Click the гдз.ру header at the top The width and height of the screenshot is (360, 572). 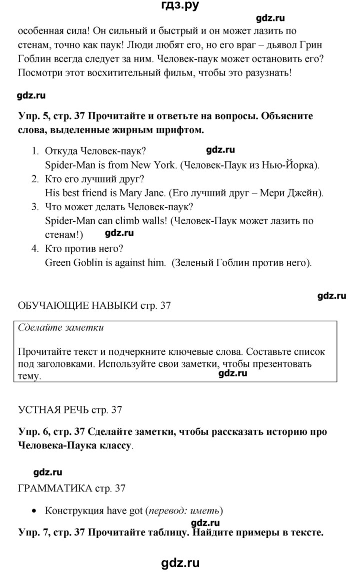click(x=180, y=7)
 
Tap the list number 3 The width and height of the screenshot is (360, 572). click(x=34, y=207)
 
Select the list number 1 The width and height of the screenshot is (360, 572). click(x=34, y=151)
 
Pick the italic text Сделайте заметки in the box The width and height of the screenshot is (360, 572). click(x=60, y=328)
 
